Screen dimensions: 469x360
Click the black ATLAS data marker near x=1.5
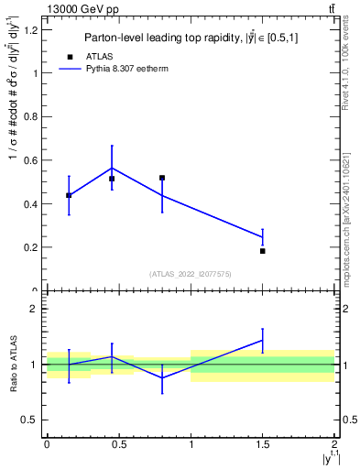pyautogui.click(x=263, y=250)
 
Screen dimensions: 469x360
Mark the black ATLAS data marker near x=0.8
pyautogui.click(x=162, y=178)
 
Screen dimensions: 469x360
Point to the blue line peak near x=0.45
pyautogui.click(x=112, y=168)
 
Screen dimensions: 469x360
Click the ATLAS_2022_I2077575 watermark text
pyautogui.click(x=191, y=273)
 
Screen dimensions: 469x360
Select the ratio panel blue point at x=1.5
pyautogui.click(x=263, y=340)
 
